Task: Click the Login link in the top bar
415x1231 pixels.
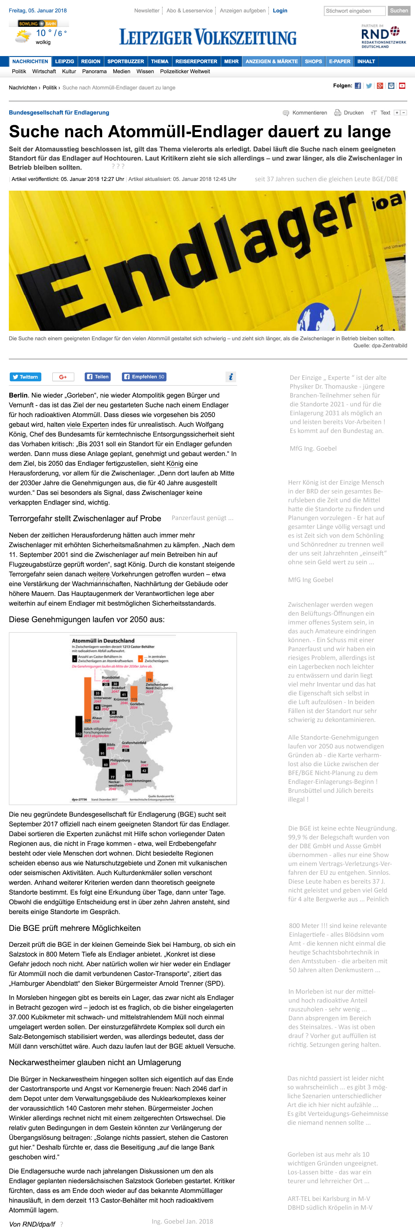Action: pos(280,11)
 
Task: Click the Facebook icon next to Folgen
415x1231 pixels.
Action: pos(358,86)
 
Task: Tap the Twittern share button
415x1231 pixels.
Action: pos(25,377)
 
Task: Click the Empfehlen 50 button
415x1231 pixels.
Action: pos(144,377)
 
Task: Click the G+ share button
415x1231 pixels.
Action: pos(63,377)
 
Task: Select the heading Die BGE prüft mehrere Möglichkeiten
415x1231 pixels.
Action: pos(75,928)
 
